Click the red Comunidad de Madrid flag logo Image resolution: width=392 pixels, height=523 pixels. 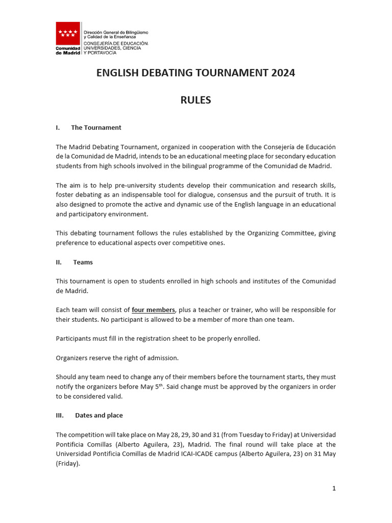68,34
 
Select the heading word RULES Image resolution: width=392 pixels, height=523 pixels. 195,100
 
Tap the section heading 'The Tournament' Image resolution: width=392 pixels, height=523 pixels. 96,127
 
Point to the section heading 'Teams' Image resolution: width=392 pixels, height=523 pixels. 83,262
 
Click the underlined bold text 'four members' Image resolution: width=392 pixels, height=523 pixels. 153,310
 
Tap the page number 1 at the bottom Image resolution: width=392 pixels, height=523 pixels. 334,488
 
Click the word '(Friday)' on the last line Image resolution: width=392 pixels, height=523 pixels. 68,464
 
